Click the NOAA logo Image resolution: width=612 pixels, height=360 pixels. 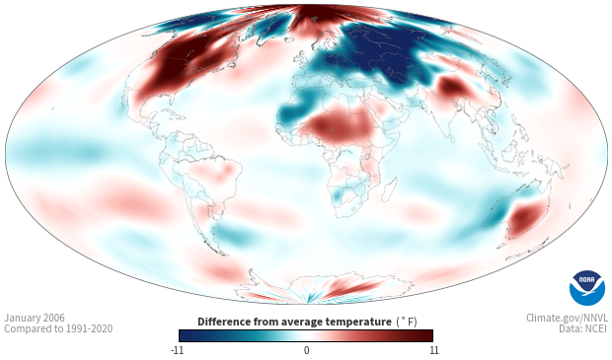point(586,288)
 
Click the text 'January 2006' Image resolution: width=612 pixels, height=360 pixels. point(35,318)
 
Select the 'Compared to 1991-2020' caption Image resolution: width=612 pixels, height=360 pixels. point(58,328)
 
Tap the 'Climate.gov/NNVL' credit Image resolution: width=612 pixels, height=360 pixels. point(567,318)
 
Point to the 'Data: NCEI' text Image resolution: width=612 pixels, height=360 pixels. point(583,328)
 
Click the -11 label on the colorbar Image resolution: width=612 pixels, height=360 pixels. point(178,350)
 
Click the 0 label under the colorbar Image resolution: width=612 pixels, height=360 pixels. point(306,350)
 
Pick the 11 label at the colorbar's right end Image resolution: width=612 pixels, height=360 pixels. point(434,350)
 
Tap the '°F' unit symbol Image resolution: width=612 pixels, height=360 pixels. point(407,322)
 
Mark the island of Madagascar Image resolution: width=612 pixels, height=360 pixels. point(389,189)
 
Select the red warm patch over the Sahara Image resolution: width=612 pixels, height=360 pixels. point(341,125)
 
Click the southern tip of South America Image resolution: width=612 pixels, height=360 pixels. point(224,254)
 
